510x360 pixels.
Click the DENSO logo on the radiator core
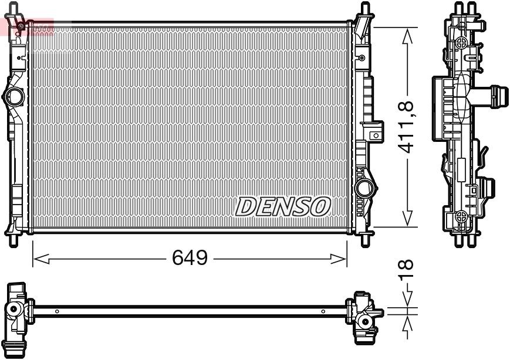283,206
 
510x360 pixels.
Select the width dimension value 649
189,257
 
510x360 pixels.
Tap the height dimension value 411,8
407,127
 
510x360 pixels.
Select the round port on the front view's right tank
364,188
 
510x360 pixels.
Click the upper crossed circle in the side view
462,42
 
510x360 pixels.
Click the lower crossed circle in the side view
462,215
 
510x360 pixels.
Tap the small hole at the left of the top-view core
56,311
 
